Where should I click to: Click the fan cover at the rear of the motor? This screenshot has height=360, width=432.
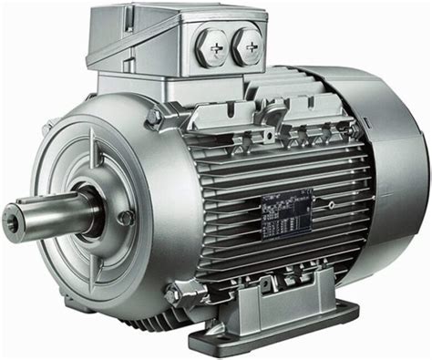tap(383, 182)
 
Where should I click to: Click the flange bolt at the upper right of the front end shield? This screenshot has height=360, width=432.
tap(154, 118)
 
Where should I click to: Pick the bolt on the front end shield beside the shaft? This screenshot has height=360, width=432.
tap(126, 218)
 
